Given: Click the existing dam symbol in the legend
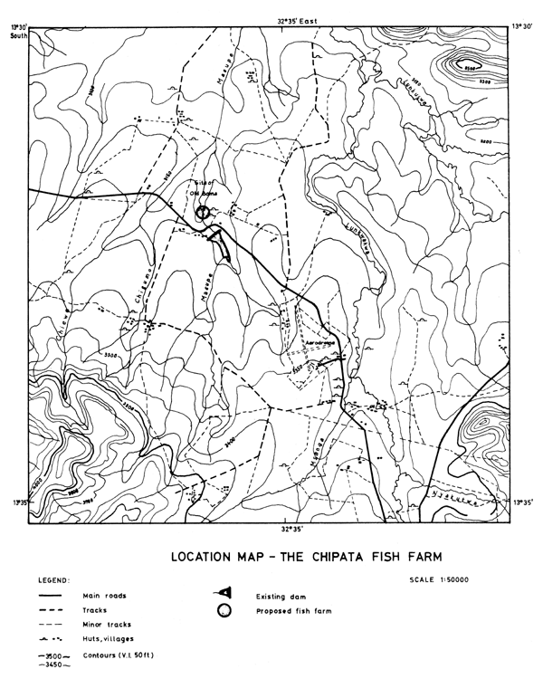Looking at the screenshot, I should (x=219, y=593).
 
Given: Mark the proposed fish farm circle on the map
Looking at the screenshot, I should (x=203, y=211).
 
